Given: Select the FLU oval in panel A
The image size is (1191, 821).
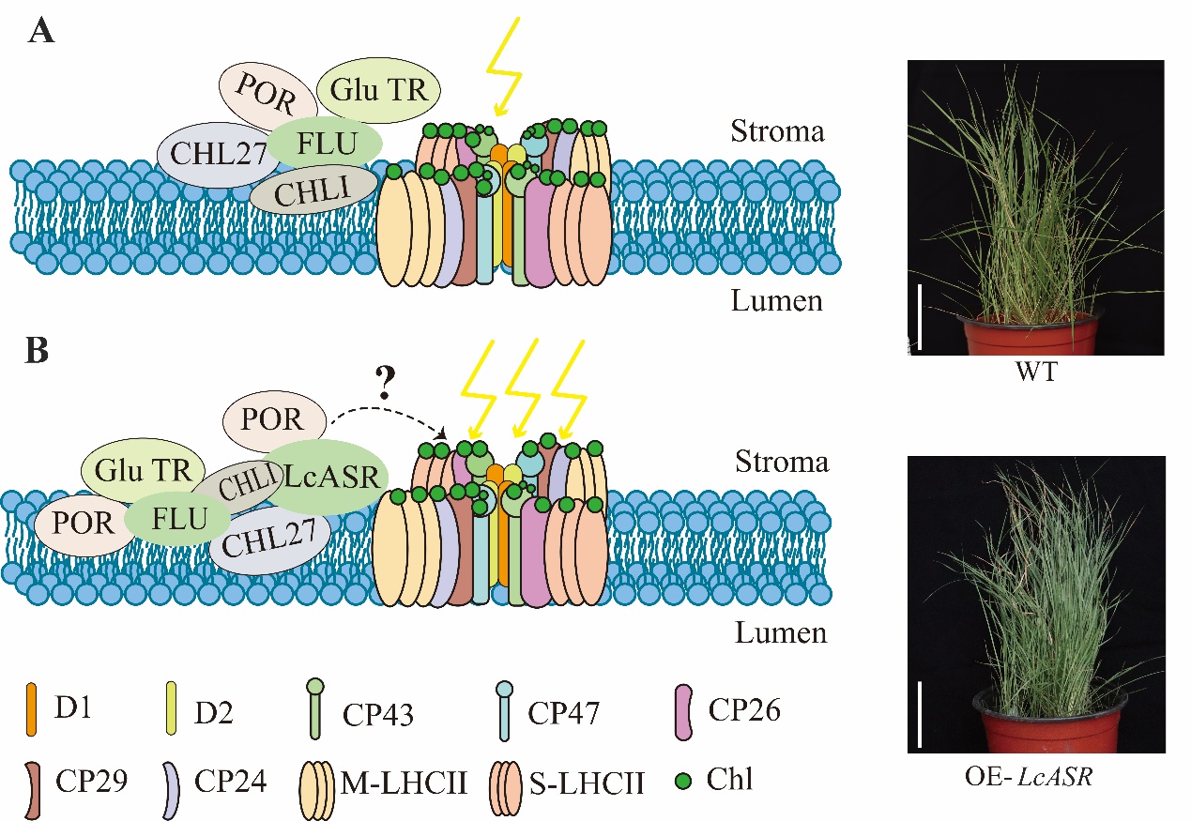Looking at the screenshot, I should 325,144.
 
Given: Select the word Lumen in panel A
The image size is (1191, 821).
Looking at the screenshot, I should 778,301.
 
